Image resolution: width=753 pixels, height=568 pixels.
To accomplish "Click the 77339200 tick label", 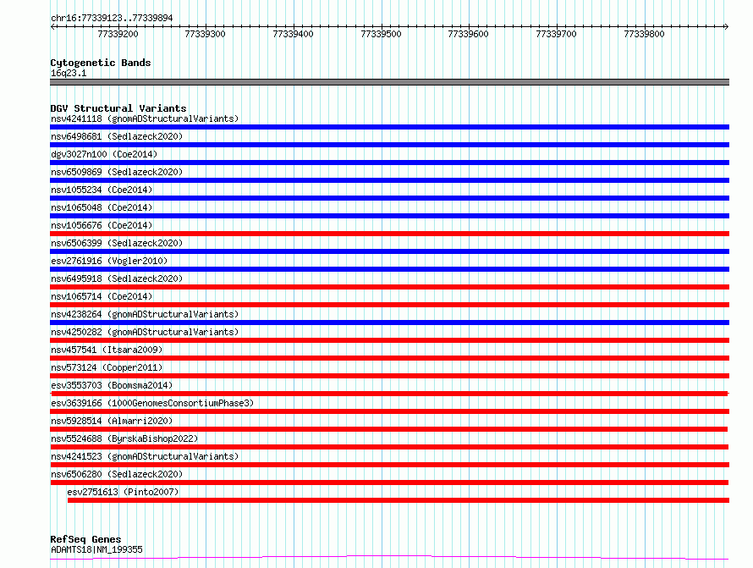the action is [118, 34].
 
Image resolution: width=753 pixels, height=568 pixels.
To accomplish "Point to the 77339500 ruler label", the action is [381, 34].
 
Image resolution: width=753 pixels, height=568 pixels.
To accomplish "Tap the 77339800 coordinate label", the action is [644, 34].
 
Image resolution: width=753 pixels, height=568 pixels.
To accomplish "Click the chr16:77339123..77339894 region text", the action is [112, 19].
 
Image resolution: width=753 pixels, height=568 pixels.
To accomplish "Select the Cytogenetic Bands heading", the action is [101, 63].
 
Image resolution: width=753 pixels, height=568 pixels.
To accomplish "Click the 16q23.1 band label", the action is [69, 73].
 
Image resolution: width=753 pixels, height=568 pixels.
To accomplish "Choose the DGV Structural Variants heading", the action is [118, 108].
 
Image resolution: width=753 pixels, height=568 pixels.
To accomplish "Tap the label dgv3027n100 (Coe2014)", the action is [104, 154].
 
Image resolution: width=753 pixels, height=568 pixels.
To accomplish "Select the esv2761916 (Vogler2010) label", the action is [109, 261].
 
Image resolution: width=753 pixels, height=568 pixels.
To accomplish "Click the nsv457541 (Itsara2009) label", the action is [107, 350].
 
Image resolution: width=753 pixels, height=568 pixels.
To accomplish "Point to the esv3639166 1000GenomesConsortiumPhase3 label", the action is [152, 403].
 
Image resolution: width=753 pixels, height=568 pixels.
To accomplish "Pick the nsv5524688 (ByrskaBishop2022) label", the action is [124, 438].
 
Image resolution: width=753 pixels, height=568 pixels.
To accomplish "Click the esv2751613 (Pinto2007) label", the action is [123, 492].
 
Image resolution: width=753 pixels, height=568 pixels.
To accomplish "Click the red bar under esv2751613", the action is [398, 500].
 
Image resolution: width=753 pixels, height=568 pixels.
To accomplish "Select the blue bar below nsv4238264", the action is [389, 323].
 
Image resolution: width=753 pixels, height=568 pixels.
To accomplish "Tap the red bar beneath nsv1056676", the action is [389, 234].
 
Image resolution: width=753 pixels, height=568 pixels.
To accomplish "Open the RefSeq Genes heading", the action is [85, 539].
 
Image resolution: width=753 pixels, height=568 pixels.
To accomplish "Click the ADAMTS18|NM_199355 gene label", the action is [96, 549].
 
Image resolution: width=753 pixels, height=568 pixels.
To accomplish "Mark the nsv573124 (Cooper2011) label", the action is [107, 367].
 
